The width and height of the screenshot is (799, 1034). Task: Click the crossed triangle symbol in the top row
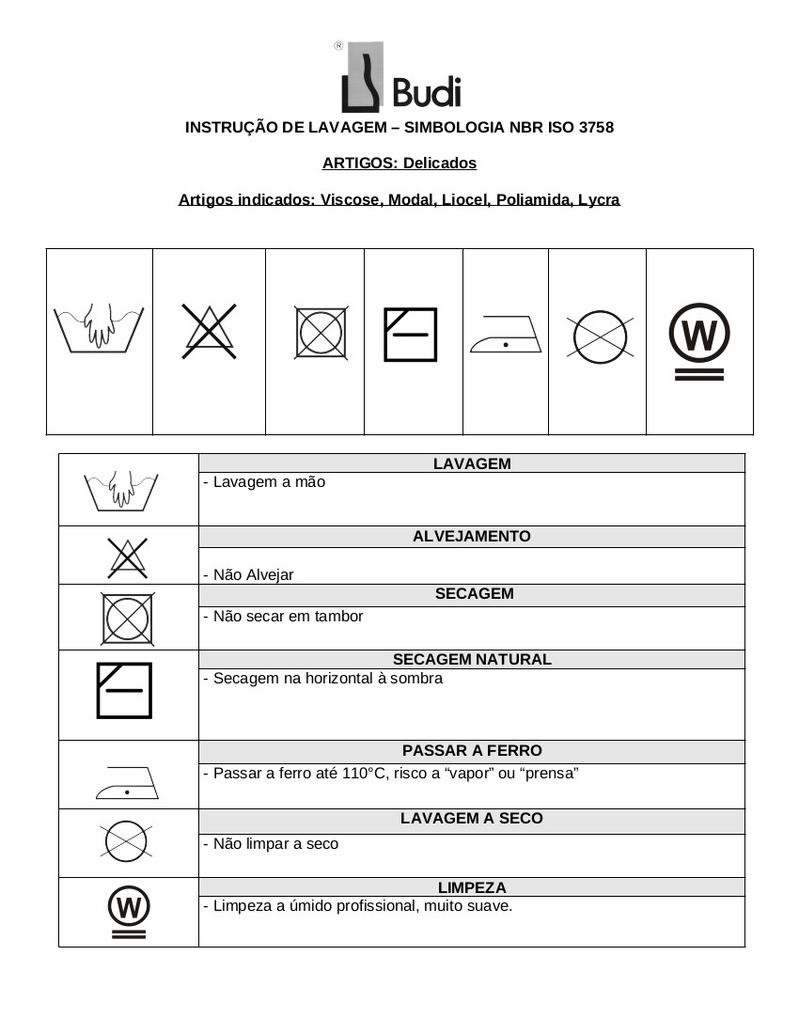209,331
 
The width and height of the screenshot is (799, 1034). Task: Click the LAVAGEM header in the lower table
472,463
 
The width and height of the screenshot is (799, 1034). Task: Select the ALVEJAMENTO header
472,537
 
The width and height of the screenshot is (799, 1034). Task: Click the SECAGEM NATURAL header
472,660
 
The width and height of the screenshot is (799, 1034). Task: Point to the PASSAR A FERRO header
472,751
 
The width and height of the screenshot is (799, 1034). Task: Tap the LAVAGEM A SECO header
472,819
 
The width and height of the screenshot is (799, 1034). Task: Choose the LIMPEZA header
472,887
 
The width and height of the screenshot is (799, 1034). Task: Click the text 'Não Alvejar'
253,575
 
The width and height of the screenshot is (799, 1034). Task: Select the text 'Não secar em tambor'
288,617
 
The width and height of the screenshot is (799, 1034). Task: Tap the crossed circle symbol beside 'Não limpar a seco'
127,841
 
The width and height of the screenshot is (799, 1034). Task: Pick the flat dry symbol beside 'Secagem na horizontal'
123,690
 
